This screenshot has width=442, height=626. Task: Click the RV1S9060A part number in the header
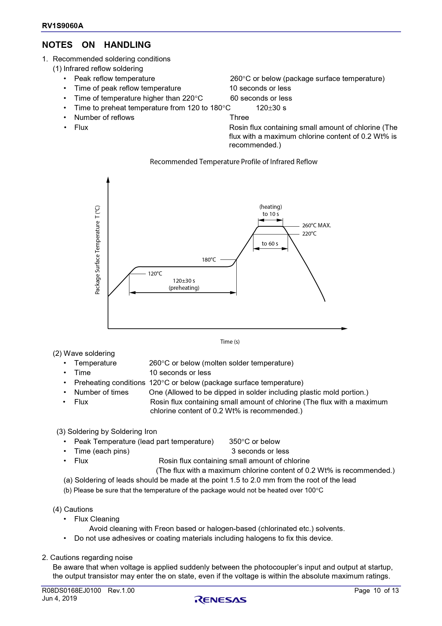63,26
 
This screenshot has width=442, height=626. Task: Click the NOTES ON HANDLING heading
96,45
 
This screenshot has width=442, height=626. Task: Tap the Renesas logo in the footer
220,600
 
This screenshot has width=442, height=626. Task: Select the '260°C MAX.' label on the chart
317,226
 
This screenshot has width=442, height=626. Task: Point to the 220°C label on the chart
309,234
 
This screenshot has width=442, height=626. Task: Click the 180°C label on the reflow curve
209,260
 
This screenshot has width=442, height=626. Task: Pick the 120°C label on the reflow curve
155,274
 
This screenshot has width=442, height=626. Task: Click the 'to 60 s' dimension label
270,244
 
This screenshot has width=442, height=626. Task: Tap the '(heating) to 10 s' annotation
271,211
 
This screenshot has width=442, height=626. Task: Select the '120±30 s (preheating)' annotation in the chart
184,284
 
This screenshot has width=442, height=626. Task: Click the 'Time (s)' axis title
230,342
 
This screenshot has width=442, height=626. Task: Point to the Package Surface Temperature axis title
98,250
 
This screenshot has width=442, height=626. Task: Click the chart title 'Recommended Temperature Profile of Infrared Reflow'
233,162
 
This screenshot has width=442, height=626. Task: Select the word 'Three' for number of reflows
239,118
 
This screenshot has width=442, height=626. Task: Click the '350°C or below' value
255,442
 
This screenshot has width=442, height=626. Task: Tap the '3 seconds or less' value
260,451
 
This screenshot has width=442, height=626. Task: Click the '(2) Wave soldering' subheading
84,354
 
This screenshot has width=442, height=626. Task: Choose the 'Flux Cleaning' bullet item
97,519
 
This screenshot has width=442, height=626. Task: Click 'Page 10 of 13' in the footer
376,591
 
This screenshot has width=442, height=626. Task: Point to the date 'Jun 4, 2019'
60,599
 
